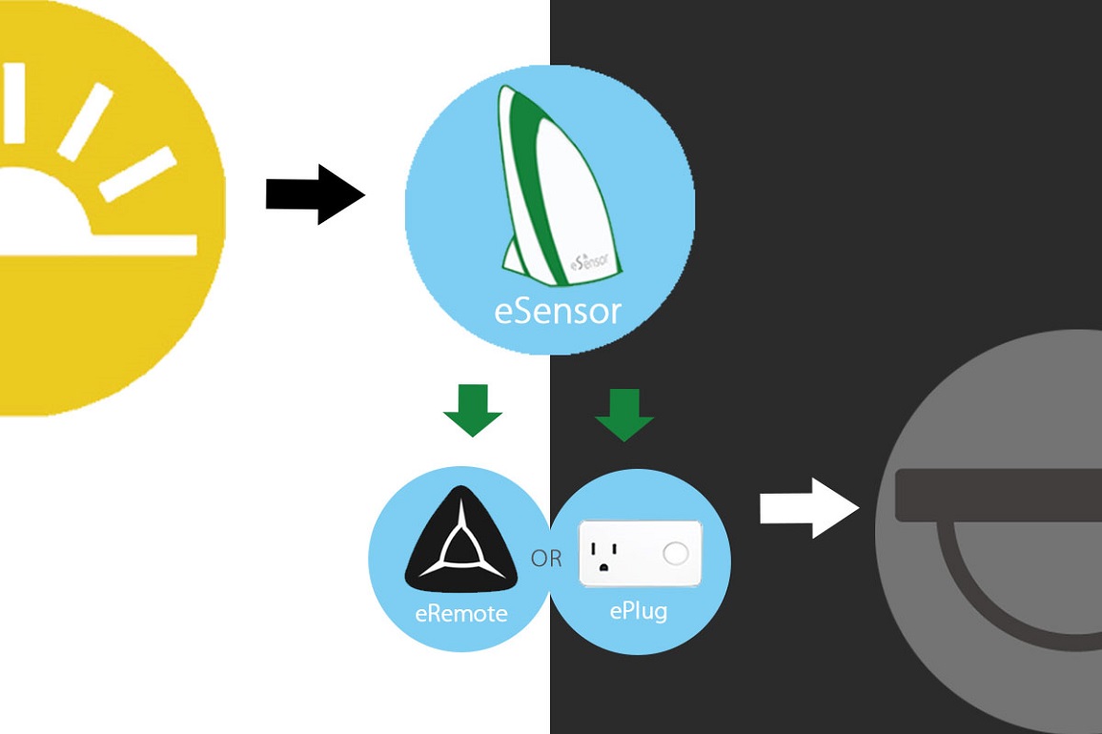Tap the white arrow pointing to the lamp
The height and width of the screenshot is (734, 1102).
tap(808, 508)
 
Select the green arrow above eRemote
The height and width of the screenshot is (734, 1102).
tap(472, 410)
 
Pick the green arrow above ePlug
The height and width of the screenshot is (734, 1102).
tap(624, 415)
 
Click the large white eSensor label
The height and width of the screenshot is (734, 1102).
tap(558, 311)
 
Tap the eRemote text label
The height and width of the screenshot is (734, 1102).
tap(461, 614)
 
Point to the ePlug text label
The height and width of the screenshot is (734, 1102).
tap(638, 610)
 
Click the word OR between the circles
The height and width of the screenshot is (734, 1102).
tap(546, 559)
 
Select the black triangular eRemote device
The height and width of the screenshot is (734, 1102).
tap(461, 544)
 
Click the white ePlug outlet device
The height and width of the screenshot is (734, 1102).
tap(640, 553)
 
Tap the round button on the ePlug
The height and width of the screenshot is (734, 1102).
tap(676, 553)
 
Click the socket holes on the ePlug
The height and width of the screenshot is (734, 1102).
tap(603, 554)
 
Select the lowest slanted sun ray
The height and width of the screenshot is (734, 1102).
tap(138, 174)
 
